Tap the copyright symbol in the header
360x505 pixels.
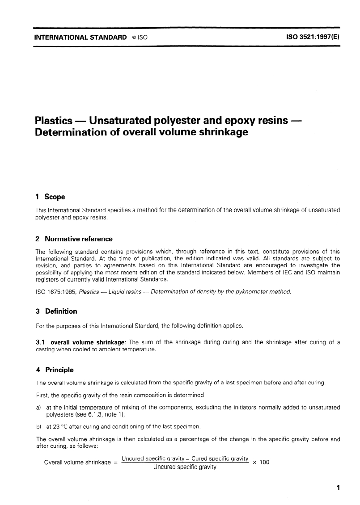[x=135, y=38]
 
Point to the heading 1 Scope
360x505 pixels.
[x=50, y=197]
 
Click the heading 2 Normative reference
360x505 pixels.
[x=74, y=239]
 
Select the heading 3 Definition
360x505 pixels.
[x=56, y=311]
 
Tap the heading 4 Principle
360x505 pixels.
[x=55, y=370]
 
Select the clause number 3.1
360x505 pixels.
[x=40, y=343]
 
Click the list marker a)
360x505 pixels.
[x=38, y=407]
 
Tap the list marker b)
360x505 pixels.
[x=38, y=426]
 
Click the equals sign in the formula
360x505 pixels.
[x=116, y=463]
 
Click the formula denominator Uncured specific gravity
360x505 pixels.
[x=185, y=467]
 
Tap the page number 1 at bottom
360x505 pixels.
[x=339, y=488]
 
